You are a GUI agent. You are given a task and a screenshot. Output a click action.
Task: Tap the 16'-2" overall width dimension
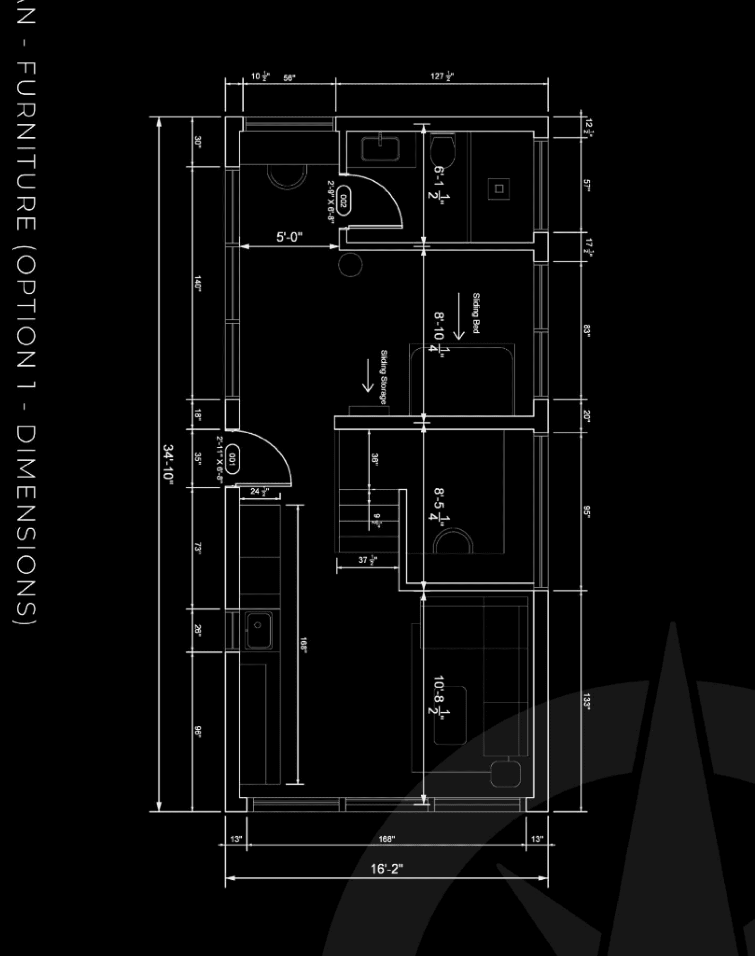click(x=386, y=868)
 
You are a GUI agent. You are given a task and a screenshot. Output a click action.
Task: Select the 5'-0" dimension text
click(x=289, y=237)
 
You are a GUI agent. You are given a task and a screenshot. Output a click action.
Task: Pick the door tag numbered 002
click(x=343, y=202)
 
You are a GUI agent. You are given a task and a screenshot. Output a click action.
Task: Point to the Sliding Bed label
click(x=476, y=313)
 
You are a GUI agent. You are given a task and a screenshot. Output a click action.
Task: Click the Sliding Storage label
click(x=384, y=377)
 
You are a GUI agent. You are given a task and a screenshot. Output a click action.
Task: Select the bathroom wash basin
click(x=380, y=148)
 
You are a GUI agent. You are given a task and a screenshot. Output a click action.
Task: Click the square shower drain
click(x=499, y=188)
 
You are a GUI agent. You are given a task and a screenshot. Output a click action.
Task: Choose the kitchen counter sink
click(x=258, y=630)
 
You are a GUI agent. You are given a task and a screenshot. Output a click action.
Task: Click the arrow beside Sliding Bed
click(x=458, y=316)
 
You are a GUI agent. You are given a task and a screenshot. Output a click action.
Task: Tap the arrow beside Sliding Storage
click(x=368, y=375)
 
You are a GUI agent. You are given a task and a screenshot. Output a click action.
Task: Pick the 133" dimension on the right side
click(x=587, y=701)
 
